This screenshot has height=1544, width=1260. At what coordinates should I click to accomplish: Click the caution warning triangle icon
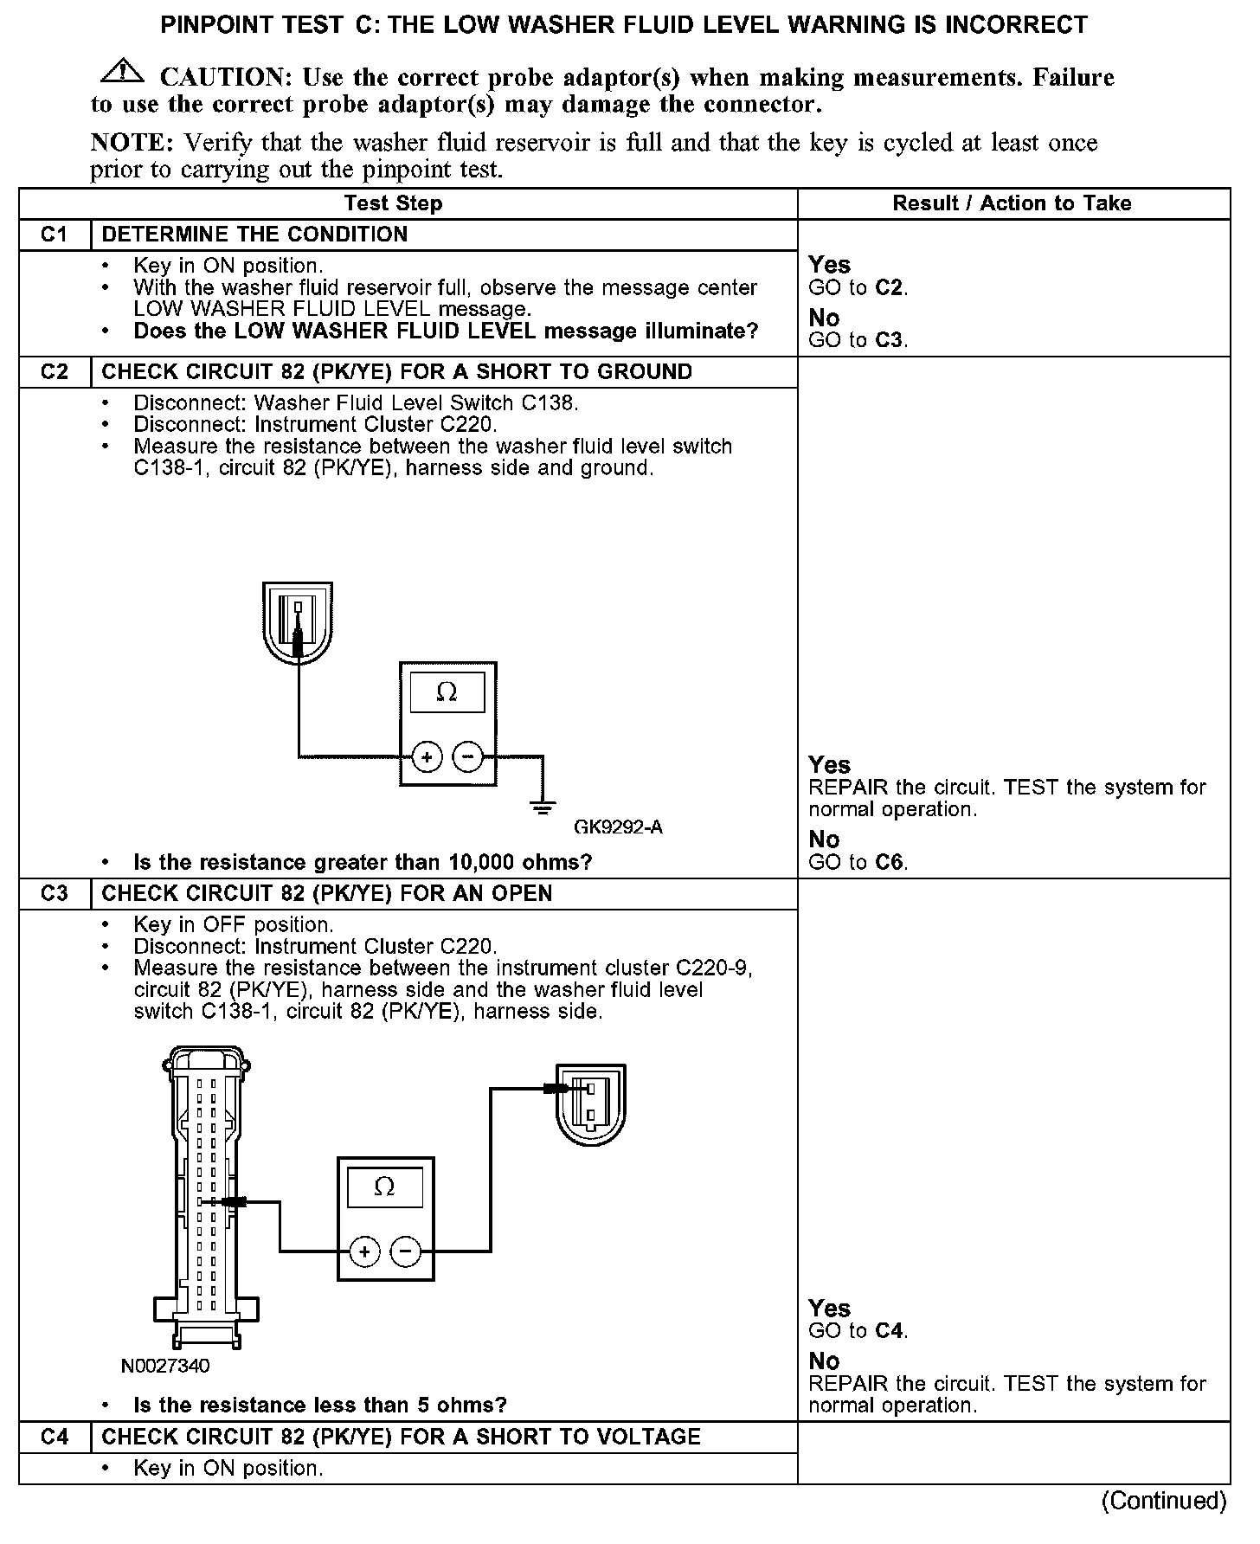(123, 73)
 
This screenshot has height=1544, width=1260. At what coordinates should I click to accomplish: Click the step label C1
(54, 235)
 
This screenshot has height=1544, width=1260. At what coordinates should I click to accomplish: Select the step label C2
(54, 372)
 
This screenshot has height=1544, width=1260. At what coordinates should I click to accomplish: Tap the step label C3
(54, 893)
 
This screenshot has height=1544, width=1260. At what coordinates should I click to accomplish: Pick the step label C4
(54, 1437)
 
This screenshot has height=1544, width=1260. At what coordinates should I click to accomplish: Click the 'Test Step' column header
(393, 203)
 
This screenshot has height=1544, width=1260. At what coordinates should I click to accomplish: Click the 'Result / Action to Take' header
(1012, 203)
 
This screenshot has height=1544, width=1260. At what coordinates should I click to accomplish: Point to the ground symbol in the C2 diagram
(543, 808)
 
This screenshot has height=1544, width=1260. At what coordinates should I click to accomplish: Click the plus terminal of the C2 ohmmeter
(426, 757)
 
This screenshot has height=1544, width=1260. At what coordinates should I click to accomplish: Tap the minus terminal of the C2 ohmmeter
(467, 757)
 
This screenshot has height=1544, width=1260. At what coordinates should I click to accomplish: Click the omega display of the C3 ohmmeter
(384, 1187)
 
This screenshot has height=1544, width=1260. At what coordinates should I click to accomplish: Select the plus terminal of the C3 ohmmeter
(364, 1251)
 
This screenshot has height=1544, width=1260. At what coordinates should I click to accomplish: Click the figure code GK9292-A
(618, 827)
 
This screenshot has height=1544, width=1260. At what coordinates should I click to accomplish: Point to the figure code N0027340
(164, 1366)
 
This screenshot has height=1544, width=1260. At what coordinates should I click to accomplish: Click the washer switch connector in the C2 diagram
(298, 624)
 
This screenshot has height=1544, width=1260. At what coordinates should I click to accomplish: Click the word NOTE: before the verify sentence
(133, 143)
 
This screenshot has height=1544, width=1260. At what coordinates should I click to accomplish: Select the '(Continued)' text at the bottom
(1164, 1500)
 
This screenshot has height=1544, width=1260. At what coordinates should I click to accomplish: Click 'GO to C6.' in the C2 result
(858, 862)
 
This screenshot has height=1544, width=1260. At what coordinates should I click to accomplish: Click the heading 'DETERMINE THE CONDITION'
(254, 235)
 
